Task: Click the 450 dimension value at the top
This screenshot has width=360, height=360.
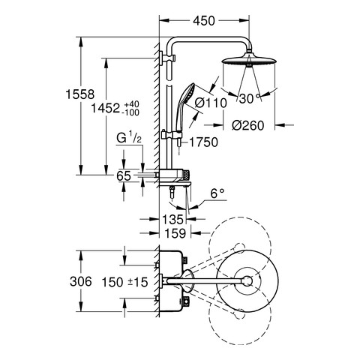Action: click(x=204, y=21)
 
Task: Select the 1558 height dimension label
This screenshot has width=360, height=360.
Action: click(x=80, y=94)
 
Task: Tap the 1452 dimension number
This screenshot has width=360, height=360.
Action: click(x=106, y=109)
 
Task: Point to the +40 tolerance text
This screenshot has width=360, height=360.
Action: click(x=131, y=104)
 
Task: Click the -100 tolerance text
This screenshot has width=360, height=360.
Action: click(x=130, y=112)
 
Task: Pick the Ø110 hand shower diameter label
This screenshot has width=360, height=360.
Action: click(x=211, y=103)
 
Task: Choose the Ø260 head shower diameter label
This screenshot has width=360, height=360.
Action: click(x=247, y=125)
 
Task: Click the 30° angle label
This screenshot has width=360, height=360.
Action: click(x=249, y=98)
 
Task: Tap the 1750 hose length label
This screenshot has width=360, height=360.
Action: click(x=203, y=142)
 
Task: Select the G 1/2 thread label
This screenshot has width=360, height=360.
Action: click(x=129, y=138)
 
